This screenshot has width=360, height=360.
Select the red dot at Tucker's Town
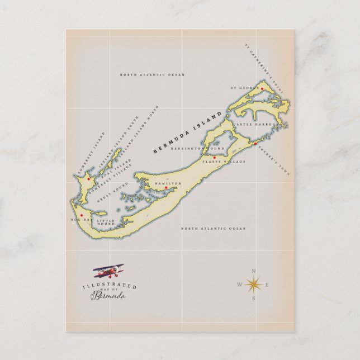coord(255,144)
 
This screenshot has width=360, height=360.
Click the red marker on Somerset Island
coord(88,179)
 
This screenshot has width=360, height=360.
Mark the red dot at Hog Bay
coord(82,215)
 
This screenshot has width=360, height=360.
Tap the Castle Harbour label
coord(254,124)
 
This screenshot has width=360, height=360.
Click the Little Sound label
coord(107,222)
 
